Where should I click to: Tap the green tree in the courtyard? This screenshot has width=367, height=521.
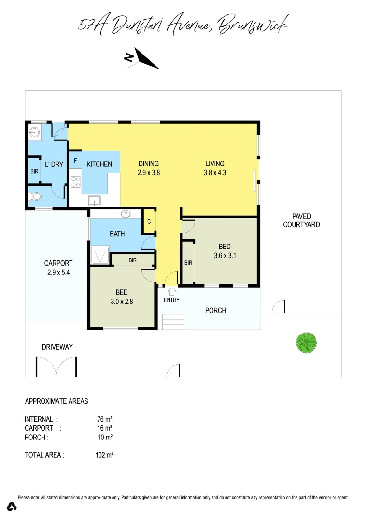pos(306,343)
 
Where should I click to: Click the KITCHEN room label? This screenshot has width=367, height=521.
pos(99,164)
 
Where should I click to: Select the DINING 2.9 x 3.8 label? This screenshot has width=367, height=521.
pos(149,167)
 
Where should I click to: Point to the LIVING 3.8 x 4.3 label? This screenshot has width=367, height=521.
pos(215,167)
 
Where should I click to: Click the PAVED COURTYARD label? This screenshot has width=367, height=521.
pos(301,220)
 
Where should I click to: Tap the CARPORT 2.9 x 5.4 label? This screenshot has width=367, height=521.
pos(58,267)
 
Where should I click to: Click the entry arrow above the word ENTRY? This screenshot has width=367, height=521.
pos(171,291)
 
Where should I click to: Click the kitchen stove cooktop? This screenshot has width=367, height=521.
pos(76,182)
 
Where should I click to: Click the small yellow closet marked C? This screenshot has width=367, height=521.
pos(149,222)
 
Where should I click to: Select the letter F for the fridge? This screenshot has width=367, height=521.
pos(75,159)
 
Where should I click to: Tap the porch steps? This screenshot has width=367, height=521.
pos(173,321)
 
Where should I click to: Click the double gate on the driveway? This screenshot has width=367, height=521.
pos(56,367)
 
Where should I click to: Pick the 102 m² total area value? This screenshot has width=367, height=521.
pos(104,455)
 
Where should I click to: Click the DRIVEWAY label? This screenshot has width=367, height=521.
pos(57,347)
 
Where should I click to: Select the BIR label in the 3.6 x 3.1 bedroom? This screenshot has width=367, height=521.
pos(188,263)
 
